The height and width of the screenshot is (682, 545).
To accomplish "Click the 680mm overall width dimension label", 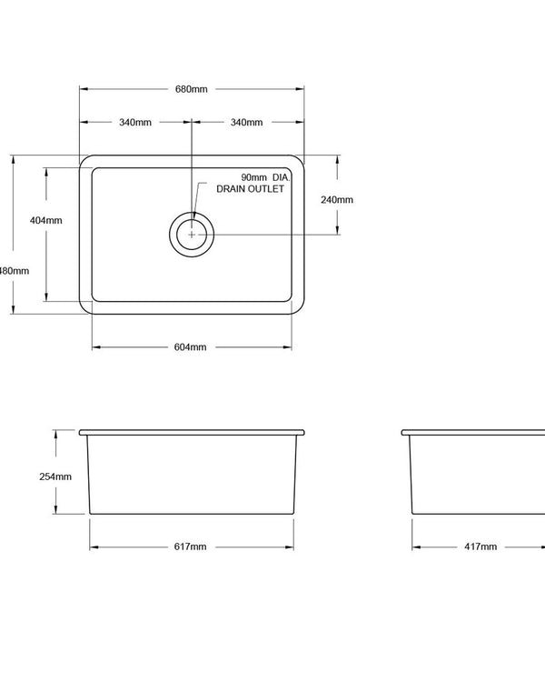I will [192, 89].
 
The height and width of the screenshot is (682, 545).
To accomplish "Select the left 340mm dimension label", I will [135, 123].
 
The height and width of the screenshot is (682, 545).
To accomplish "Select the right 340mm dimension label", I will [246, 123].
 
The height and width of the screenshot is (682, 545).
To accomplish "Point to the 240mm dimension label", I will [337, 199].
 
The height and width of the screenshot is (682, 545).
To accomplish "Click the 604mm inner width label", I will [192, 347].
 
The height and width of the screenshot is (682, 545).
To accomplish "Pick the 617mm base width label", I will [192, 547].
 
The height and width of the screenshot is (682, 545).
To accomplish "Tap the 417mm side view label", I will [481, 547].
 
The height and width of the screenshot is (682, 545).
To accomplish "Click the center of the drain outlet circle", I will [192, 234].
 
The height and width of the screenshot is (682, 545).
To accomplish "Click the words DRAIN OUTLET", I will [250, 189].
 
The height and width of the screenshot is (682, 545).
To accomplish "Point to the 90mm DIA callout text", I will [264, 176].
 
